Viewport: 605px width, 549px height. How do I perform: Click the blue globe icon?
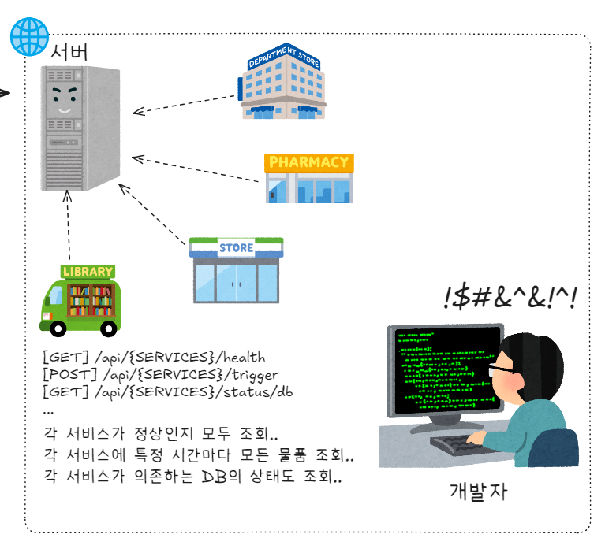[28, 35]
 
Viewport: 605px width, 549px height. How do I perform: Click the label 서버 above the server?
[69, 53]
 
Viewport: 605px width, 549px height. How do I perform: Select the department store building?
[282, 82]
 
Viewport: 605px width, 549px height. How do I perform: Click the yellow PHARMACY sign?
[309, 163]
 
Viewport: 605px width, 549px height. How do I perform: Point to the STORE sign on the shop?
[237, 247]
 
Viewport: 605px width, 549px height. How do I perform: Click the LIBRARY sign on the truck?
[88, 272]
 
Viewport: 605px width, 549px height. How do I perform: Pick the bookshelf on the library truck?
[91, 299]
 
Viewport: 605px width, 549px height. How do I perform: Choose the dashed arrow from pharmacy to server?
[197, 170]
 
